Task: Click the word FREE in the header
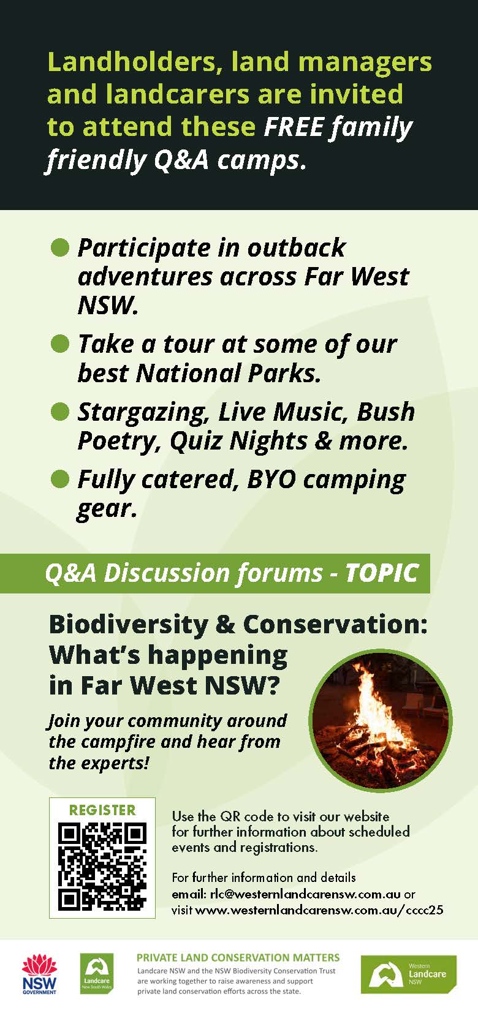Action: click(294, 127)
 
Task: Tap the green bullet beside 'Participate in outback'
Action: click(60, 248)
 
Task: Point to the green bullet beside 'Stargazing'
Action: click(60, 412)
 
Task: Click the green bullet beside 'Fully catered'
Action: click(60, 479)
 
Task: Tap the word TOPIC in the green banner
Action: click(381, 573)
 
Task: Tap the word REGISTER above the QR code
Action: click(102, 810)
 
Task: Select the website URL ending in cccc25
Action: click(319, 910)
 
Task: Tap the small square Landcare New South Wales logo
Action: click(96, 974)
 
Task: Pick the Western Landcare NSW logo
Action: click(408, 974)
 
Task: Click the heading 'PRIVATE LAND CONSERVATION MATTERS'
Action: click(238, 957)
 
